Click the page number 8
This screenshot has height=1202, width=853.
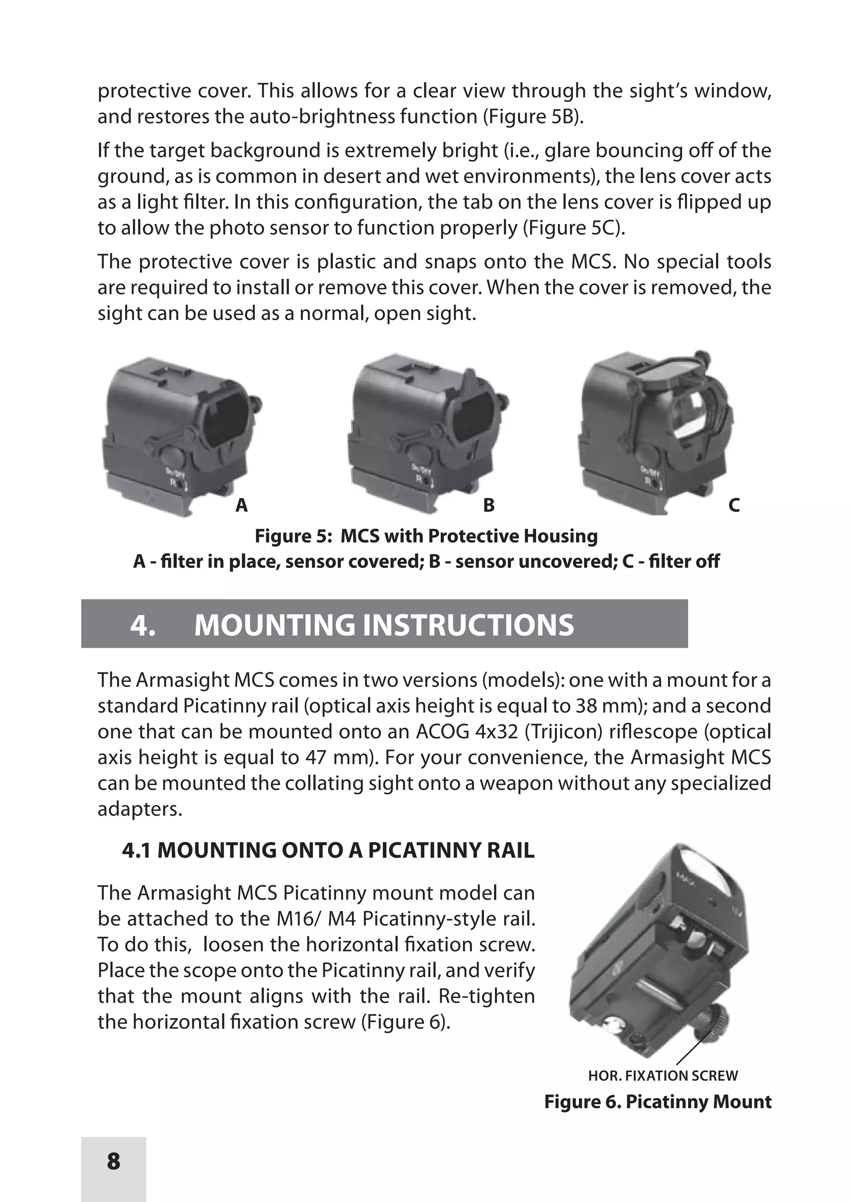pyautogui.click(x=113, y=1161)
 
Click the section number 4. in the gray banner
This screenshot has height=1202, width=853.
pyautogui.click(x=142, y=625)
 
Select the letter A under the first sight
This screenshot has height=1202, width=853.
pyautogui.click(x=241, y=505)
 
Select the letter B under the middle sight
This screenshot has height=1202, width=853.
pyautogui.click(x=489, y=505)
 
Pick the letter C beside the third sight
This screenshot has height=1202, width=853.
pyautogui.click(x=734, y=505)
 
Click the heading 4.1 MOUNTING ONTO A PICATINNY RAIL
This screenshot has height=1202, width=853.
pyautogui.click(x=328, y=850)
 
